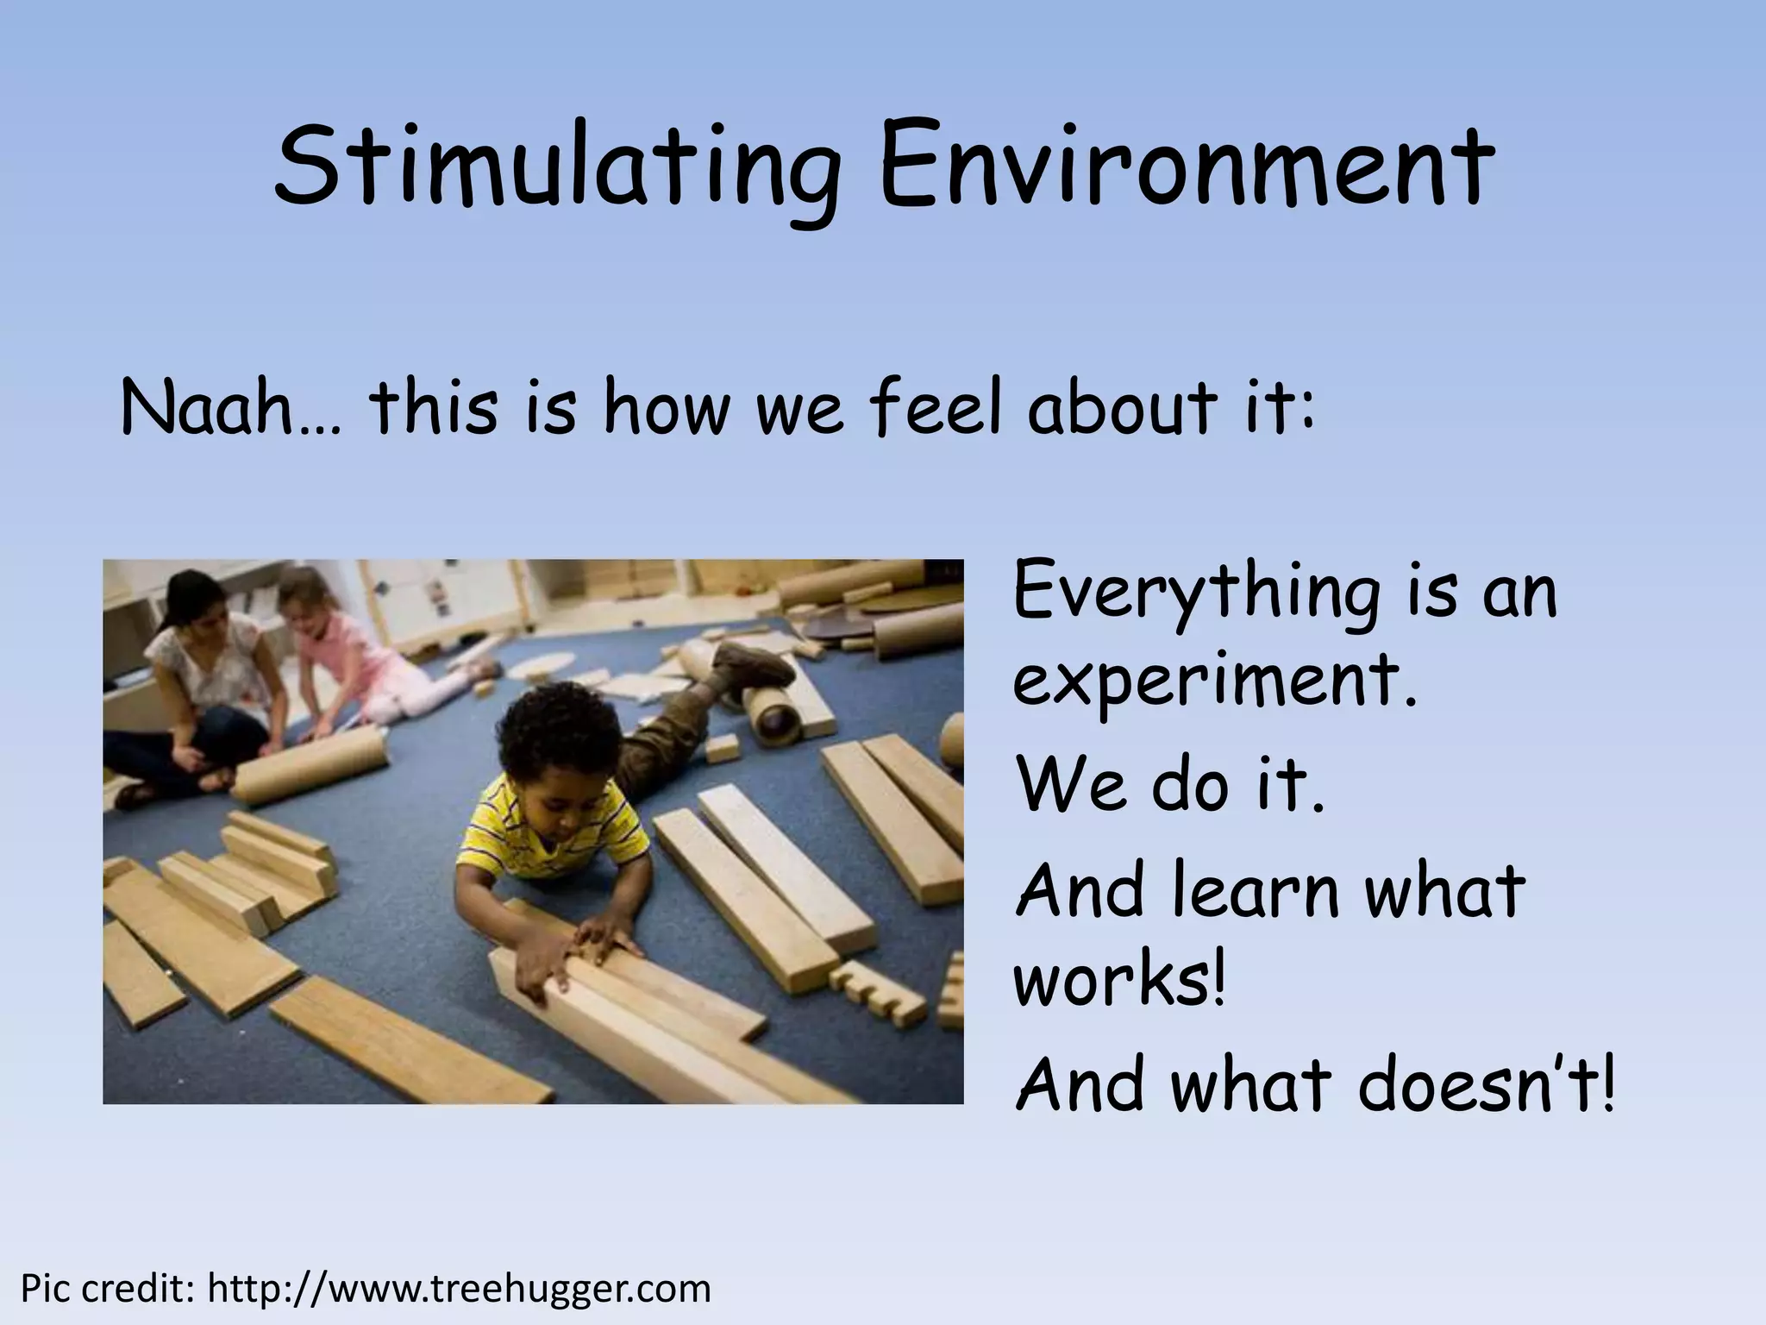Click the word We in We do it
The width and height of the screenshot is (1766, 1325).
[x=1074, y=786]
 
